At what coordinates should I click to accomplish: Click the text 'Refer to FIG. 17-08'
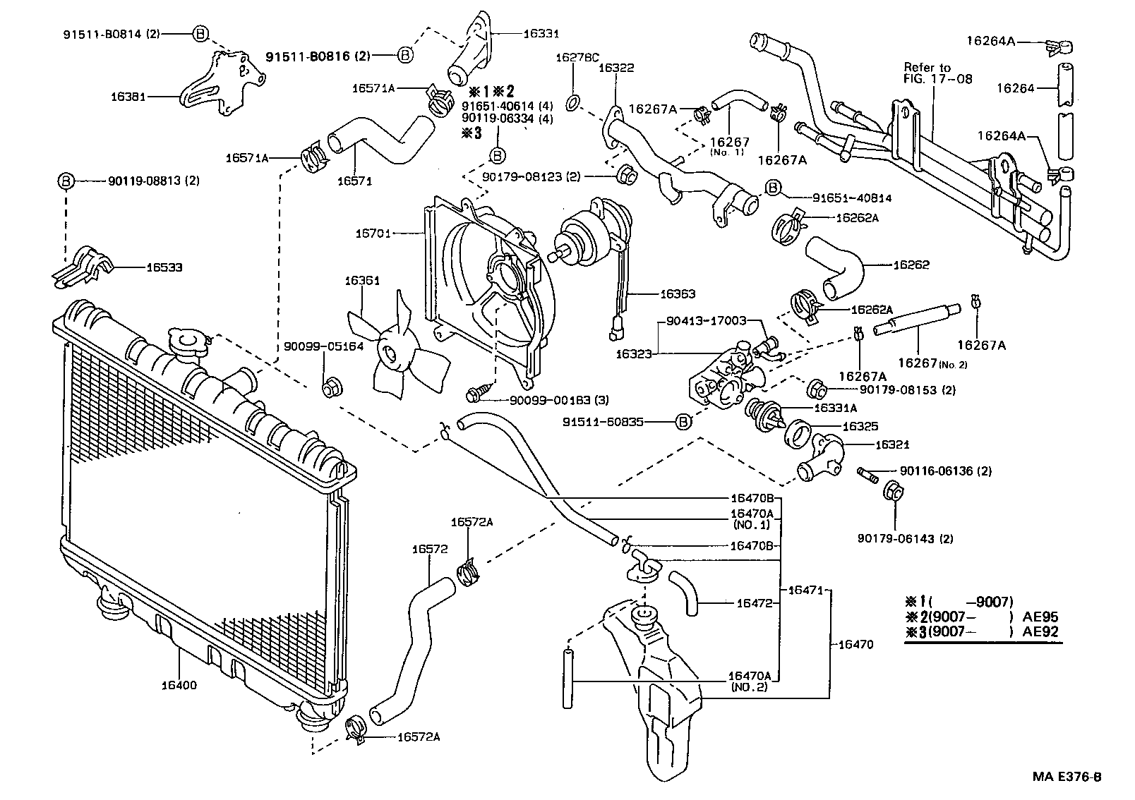(937, 73)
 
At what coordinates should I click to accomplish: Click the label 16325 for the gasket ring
(860, 427)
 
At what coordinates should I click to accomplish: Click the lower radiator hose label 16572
(429, 549)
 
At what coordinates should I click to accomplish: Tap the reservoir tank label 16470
(855, 644)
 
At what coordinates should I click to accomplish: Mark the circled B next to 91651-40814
(773, 187)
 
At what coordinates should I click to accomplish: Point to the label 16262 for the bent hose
(911, 265)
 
